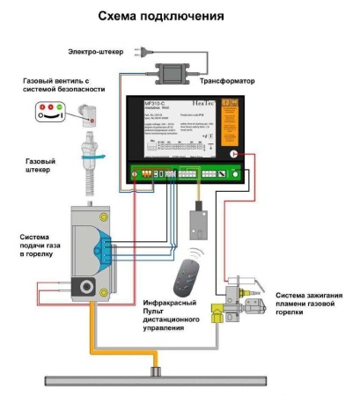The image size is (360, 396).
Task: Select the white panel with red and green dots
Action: tap(49, 111)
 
